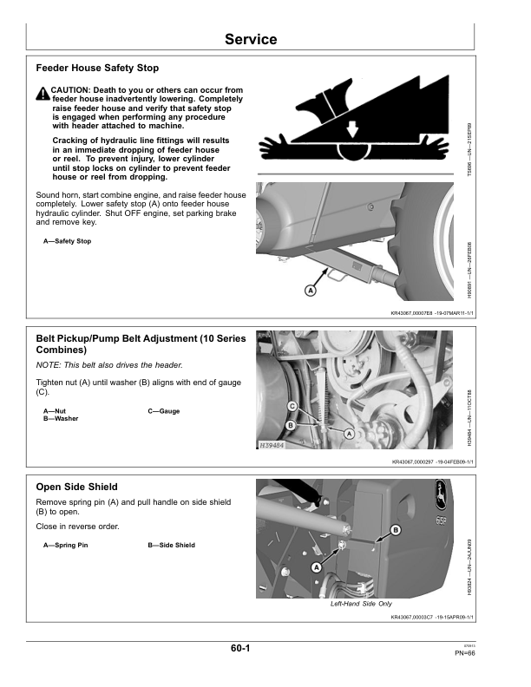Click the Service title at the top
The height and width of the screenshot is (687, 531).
tap(251, 39)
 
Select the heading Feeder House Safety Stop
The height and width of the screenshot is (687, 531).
tap(97, 68)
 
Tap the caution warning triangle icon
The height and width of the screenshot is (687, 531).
tap(43, 94)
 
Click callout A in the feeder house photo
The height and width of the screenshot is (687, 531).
tap(310, 291)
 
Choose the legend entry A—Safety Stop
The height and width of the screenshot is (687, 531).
tap(67, 240)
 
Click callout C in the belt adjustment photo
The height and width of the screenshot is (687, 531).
tap(292, 406)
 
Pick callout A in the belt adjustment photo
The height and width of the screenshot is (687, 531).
tap(349, 432)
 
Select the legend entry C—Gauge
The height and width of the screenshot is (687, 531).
tap(164, 410)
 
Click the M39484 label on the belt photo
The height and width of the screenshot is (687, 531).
tap(272, 445)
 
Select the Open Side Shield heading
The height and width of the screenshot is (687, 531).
tap(76, 487)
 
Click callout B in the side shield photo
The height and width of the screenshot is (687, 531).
tap(396, 529)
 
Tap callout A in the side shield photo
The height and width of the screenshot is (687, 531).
tap(316, 566)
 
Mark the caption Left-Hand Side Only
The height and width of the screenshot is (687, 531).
tap(361, 604)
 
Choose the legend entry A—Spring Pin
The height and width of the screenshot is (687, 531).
tap(65, 545)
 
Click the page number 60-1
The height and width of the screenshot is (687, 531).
tap(241, 648)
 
